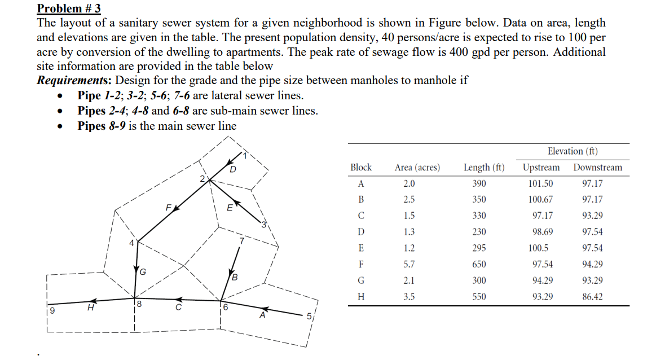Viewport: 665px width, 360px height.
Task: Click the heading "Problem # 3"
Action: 64,8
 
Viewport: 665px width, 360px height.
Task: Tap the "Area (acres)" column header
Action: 417,168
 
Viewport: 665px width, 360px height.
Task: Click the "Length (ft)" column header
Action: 484,168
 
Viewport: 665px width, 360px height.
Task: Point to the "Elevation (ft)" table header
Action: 572,151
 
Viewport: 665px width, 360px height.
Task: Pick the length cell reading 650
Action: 479,264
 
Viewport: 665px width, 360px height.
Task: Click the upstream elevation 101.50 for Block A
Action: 540,183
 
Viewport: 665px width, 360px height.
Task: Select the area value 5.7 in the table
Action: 409,264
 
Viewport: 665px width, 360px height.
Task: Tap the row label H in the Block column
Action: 361,296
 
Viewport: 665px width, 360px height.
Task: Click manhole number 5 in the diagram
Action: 309,317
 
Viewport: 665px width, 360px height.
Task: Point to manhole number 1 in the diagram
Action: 245,154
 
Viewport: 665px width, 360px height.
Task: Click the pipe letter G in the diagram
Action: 143,272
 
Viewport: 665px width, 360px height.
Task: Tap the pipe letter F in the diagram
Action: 168,208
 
